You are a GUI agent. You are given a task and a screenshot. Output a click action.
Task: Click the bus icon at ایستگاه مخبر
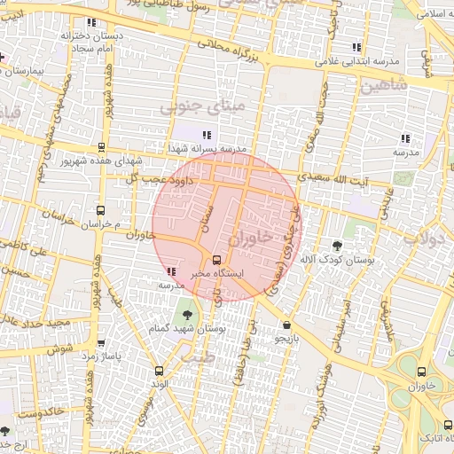(x=216, y=260)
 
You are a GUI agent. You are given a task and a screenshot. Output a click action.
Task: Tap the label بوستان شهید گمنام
(x=197, y=327)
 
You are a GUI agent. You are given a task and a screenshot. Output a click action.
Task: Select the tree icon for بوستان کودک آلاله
(x=337, y=245)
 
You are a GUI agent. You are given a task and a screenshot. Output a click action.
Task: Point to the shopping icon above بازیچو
(x=286, y=325)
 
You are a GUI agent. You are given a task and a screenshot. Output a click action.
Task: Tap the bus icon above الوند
(x=160, y=371)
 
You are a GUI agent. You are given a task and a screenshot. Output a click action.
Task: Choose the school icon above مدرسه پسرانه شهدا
(x=207, y=135)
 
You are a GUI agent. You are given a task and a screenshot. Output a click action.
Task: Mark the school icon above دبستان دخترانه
(x=90, y=22)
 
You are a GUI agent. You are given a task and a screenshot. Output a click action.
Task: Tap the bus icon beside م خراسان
(x=100, y=211)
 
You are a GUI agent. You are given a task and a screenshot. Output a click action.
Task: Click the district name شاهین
(x=383, y=86)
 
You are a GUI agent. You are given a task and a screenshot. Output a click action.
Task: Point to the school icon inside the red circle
(x=170, y=271)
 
